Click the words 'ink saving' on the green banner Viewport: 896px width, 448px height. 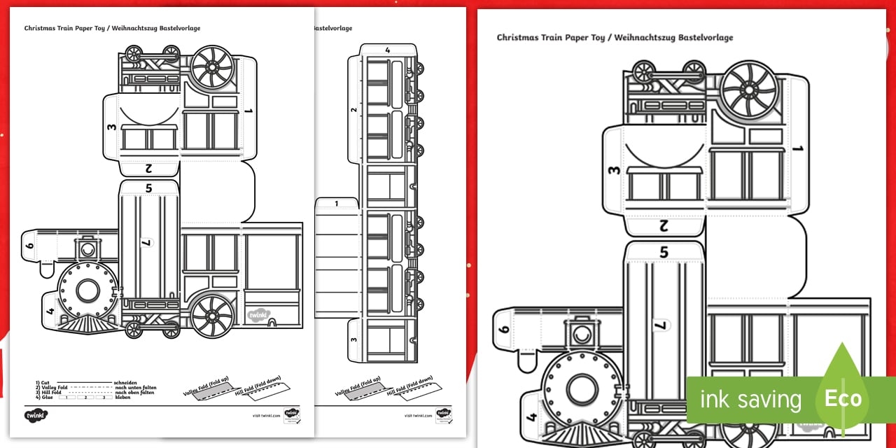(x=750, y=400)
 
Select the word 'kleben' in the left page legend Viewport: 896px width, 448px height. (x=124, y=398)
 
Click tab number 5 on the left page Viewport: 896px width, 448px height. (x=148, y=188)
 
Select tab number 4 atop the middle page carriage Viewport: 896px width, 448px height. (x=387, y=50)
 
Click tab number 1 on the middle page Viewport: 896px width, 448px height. (x=337, y=204)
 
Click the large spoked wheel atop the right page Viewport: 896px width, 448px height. (x=749, y=90)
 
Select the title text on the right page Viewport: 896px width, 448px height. (x=615, y=38)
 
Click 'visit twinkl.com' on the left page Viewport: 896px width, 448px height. (x=266, y=415)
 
